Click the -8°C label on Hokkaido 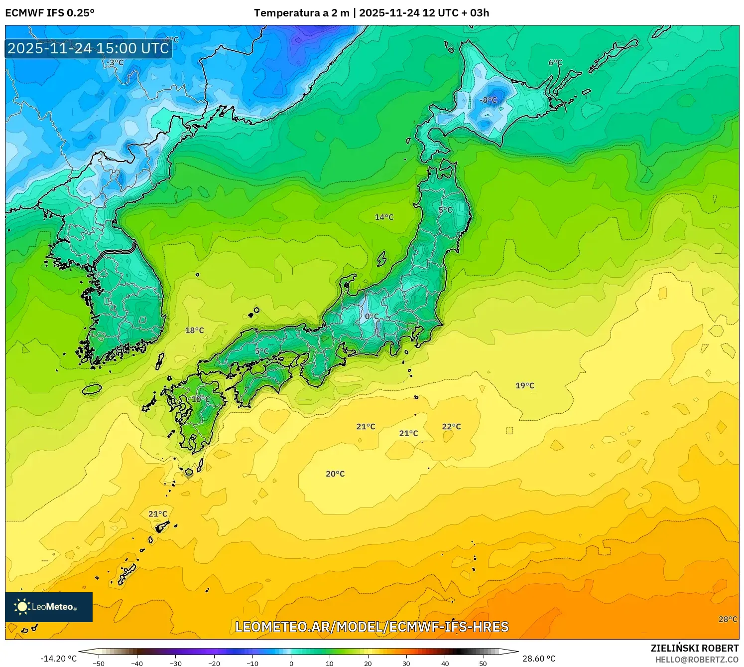point(488,100)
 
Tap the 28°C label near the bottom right point(728,619)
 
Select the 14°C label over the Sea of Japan point(384,217)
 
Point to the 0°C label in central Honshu point(372,317)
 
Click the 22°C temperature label point(451,427)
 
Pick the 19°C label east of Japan point(524,386)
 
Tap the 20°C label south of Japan point(335,474)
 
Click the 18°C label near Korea point(194,331)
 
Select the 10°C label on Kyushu point(201,399)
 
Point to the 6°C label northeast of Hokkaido point(555,63)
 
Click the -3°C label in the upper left point(115,63)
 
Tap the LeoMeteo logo point(49,607)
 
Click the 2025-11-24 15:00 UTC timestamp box point(88,48)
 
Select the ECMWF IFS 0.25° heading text point(50,13)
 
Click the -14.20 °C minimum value point(58,659)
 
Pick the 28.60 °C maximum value point(538,659)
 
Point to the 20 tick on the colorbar point(368,664)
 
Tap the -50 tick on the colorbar point(99,664)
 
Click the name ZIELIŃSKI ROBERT point(694,648)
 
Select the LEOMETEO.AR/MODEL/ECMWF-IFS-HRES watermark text point(372,627)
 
